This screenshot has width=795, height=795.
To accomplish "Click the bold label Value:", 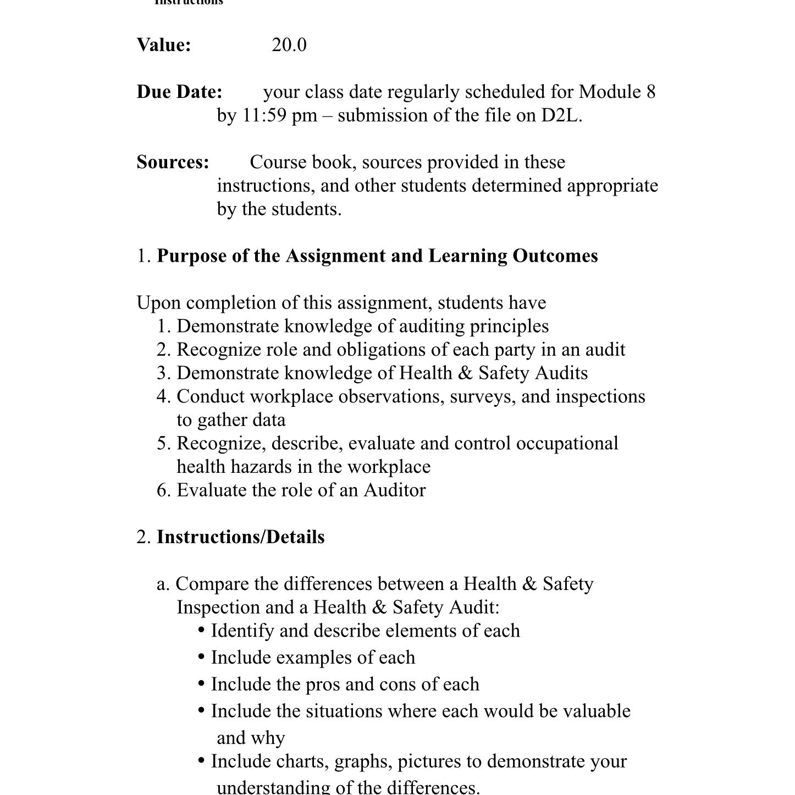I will [x=164, y=45].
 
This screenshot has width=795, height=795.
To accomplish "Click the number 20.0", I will [x=289, y=45].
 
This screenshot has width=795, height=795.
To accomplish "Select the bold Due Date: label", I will [x=179, y=92].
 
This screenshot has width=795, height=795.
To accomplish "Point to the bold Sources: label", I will [x=173, y=162].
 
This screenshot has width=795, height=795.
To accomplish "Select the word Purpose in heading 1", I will [x=191, y=256].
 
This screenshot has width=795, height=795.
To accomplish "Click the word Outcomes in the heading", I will [x=555, y=256].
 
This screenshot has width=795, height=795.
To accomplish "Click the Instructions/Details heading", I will [x=240, y=537].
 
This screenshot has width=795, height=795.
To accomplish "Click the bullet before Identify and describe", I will [x=201, y=630].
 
